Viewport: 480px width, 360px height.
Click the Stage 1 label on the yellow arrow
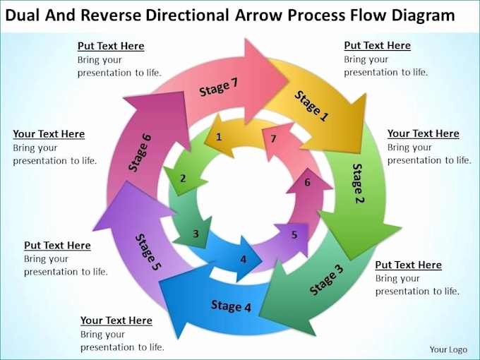(311, 107)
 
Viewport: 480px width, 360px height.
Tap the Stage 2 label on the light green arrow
(359, 183)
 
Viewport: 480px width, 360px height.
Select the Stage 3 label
(326, 279)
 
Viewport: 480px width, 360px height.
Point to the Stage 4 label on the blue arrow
(231, 306)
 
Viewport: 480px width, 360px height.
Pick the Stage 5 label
(148, 252)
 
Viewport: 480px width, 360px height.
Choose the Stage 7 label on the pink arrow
(219, 87)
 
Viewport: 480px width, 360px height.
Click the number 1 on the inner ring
(220, 137)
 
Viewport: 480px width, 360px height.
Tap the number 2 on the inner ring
(183, 179)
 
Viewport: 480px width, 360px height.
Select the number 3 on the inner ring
(196, 234)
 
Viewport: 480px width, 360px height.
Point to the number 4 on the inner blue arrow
(244, 259)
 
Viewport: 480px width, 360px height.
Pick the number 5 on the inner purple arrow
(294, 234)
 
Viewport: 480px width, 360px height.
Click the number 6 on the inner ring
(307, 183)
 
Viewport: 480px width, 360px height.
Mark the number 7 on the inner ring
(272, 138)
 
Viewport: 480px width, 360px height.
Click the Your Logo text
(448, 349)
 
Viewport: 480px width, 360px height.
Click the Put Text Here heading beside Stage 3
(408, 265)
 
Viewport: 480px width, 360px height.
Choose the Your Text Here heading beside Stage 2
(423, 133)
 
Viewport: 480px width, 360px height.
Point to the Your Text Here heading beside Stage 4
(116, 320)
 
